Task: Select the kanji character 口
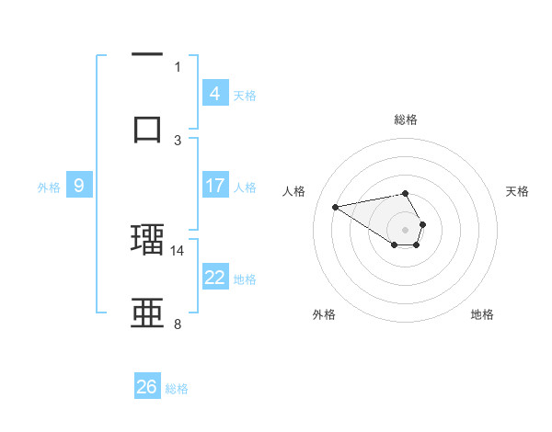(x=147, y=128)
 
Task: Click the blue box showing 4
(x=215, y=93)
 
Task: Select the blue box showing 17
(x=215, y=186)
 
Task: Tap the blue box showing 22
(x=215, y=278)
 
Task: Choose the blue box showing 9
(x=79, y=186)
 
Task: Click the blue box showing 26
(x=147, y=387)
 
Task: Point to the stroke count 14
(x=178, y=250)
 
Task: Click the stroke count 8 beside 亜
(x=178, y=324)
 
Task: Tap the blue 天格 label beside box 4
(x=245, y=95)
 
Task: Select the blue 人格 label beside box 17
(x=245, y=187)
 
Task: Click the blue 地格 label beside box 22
(x=245, y=279)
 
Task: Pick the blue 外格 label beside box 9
(x=49, y=187)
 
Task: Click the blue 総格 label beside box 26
(x=177, y=389)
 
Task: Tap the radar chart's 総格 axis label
(x=406, y=119)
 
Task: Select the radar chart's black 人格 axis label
(x=293, y=191)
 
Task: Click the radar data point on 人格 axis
(x=336, y=206)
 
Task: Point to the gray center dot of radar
(x=406, y=229)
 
